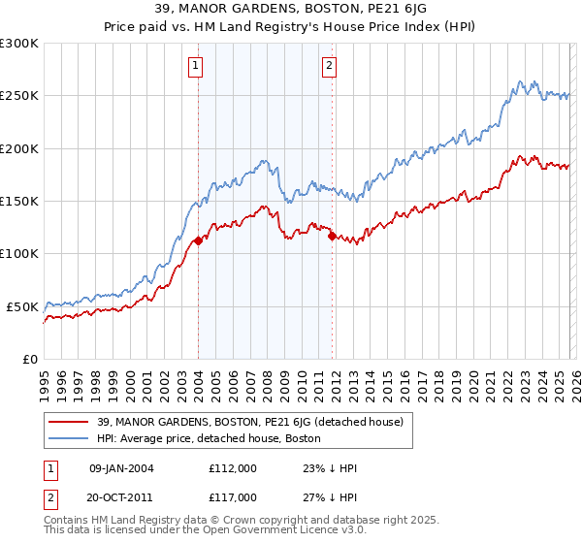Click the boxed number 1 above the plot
(196, 66)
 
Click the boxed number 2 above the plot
(330, 66)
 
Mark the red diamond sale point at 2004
(198, 241)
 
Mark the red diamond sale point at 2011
(332, 236)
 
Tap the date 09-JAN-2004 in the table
(121, 468)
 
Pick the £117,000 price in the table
(232, 496)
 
